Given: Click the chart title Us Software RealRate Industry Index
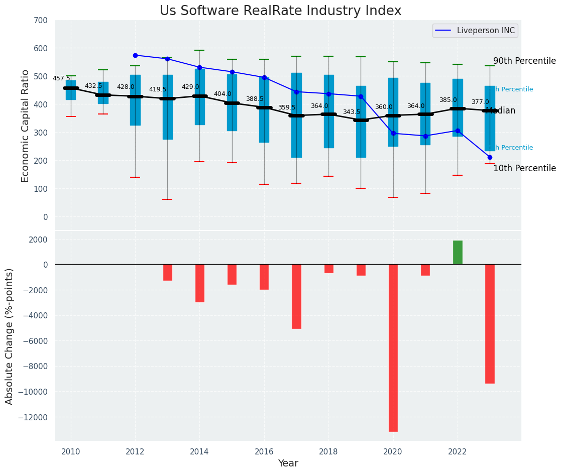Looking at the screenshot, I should click(280, 11).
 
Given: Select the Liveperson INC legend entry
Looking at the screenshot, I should click(475, 31).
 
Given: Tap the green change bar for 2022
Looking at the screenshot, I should click(458, 253).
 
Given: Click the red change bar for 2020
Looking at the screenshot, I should click(393, 347).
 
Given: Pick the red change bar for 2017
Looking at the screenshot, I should click(296, 296).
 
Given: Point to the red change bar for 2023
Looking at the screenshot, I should click(490, 324).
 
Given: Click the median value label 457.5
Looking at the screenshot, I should click(61, 78).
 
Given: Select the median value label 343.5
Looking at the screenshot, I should click(352, 112).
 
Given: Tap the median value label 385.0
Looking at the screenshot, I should click(448, 100).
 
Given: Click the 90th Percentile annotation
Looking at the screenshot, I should click(524, 61).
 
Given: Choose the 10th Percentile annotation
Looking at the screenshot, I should click(524, 169).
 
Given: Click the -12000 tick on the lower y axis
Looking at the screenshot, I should click(32, 417).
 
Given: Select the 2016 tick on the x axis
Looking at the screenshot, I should click(264, 451).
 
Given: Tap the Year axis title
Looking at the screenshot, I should click(288, 463).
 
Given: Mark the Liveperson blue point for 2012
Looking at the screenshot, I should click(135, 55).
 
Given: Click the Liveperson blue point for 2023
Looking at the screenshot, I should click(490, 157).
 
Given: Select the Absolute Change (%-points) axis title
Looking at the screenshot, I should click(10, 336).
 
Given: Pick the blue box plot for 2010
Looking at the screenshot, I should click(71, 90).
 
